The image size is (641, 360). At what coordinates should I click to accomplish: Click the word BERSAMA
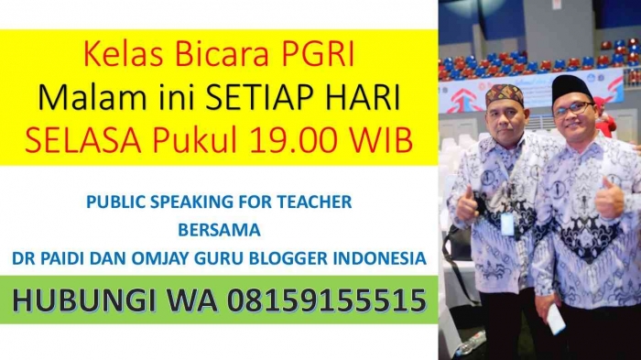point(219,229)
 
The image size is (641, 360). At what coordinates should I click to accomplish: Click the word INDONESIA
point(375,259)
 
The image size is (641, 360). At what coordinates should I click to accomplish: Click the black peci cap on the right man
point(572,88)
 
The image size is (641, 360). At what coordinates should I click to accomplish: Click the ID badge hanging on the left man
point(507,223)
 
